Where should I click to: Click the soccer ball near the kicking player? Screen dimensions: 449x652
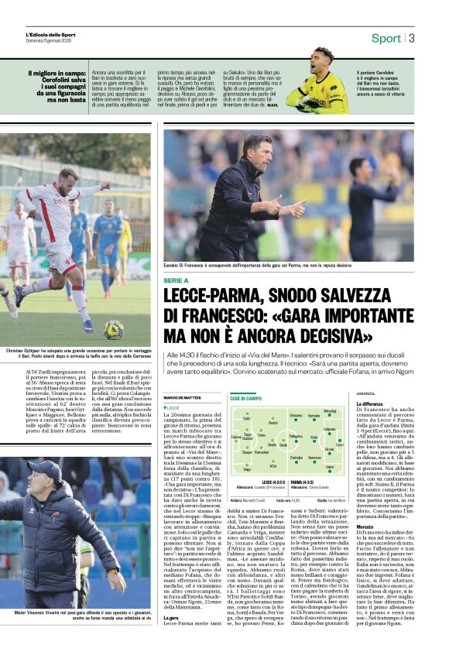coord(114,329)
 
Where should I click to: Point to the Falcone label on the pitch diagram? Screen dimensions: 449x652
coord(235,438)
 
